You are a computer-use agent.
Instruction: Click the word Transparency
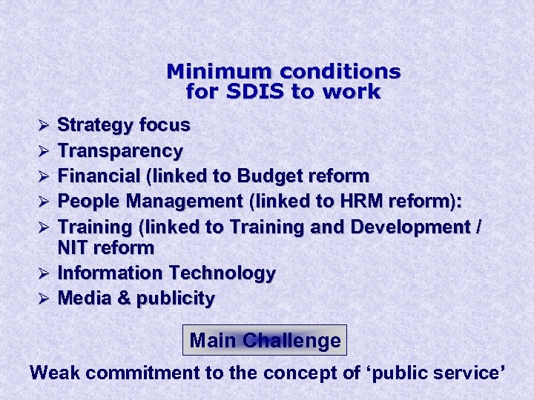120,151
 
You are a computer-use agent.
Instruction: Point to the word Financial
99,176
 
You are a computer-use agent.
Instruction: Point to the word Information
111,273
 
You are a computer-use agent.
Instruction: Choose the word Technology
222,273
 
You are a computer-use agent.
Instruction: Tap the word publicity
176,299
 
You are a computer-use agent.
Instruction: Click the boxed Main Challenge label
265,341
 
